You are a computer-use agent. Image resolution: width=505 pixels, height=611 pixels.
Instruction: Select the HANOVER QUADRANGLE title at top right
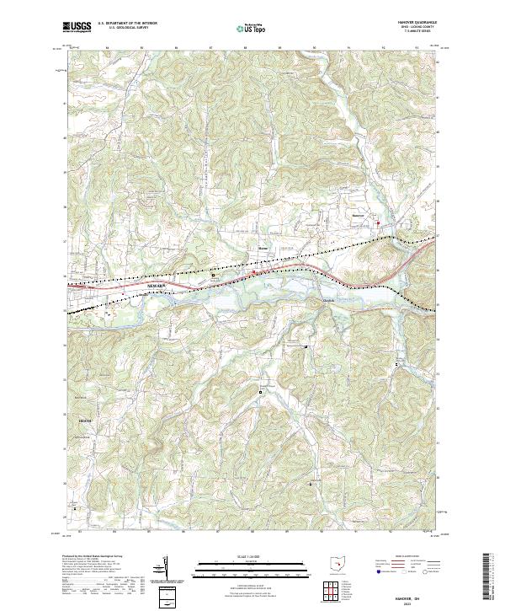pyautogui.click(x=413, y=24)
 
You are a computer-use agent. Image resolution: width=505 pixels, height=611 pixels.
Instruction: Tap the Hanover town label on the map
pyautogui.click(x=359, y=215)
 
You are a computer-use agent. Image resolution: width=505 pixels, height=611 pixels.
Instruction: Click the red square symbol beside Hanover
pyautogui.click(x=379, y=222)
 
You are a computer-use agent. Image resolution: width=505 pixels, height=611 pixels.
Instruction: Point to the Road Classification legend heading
pyautogui.click(x=402, y=557)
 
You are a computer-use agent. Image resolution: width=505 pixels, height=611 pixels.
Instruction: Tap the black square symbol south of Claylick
pyautogui.click(x=306, y=346)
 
